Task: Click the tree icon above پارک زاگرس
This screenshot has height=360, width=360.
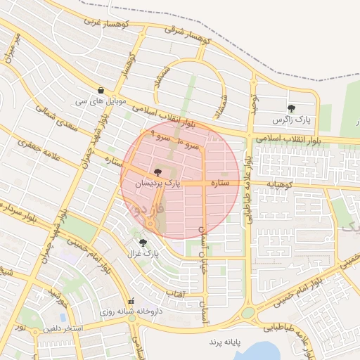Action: [x=291, y=108]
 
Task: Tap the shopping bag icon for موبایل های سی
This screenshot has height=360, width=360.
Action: [x=102, y=90]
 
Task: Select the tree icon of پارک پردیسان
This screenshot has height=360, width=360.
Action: [x=157, y=171]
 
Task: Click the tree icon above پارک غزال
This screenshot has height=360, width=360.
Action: [x=143, y=243]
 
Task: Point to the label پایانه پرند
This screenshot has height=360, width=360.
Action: [x=224, y=341]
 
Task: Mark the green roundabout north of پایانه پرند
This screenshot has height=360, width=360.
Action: [x=248, y=313]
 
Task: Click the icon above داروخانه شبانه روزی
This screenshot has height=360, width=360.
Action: [x=130, y=300]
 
